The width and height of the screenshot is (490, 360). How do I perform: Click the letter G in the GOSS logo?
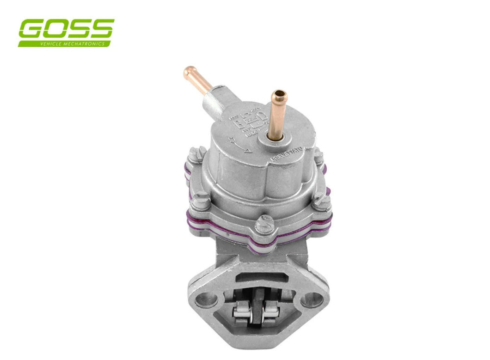click(x=31, y=29)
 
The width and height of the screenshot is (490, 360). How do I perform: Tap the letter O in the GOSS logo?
click(x=55, y=29)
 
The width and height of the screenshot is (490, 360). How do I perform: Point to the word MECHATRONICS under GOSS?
click(x=83, y=43)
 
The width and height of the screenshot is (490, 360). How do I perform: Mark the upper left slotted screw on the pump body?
click(x=196, y=153)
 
